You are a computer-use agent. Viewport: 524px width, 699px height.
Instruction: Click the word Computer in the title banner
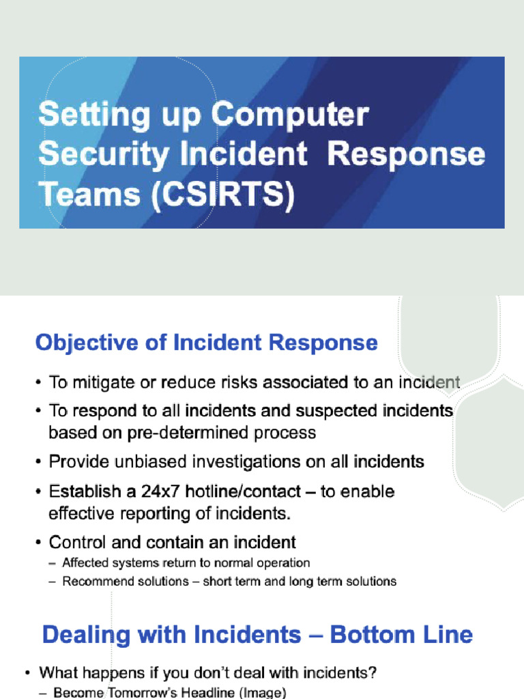coord(290,115)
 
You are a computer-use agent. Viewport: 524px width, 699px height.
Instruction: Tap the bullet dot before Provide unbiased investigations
coord(40,463)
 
